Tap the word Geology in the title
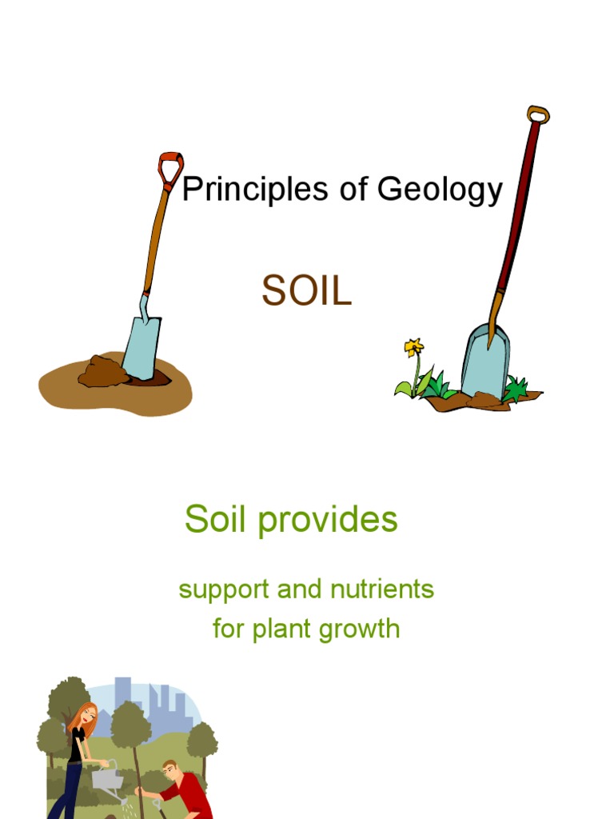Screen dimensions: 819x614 tap(440, 191)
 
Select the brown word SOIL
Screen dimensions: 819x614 tap(306, 293)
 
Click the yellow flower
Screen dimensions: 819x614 tap(413, 347)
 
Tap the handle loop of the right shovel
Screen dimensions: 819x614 tap(538, 114)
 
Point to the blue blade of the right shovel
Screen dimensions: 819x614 tap(485, 361)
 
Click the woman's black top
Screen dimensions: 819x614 tap(76, 745)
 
